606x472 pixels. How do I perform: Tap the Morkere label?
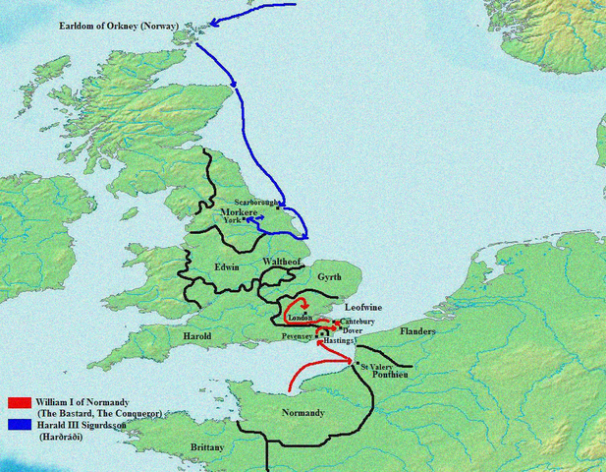(x=239, y=212)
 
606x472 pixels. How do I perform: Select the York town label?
(x=232, y=221)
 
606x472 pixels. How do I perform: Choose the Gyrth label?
(x=329, y=278)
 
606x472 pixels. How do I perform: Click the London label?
(x=300, y=318)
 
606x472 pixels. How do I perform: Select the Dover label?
(x=354, y=331)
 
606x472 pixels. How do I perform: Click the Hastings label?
(x=339, y=341)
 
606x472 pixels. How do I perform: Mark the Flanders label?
(x=417, y=332)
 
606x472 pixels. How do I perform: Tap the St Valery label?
(x=377, y=367)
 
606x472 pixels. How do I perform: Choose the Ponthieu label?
(x=390, y=377)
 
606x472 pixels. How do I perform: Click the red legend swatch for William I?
(x=21, y=402)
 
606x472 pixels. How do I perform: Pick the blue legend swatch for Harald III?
(x=21, y=425)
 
